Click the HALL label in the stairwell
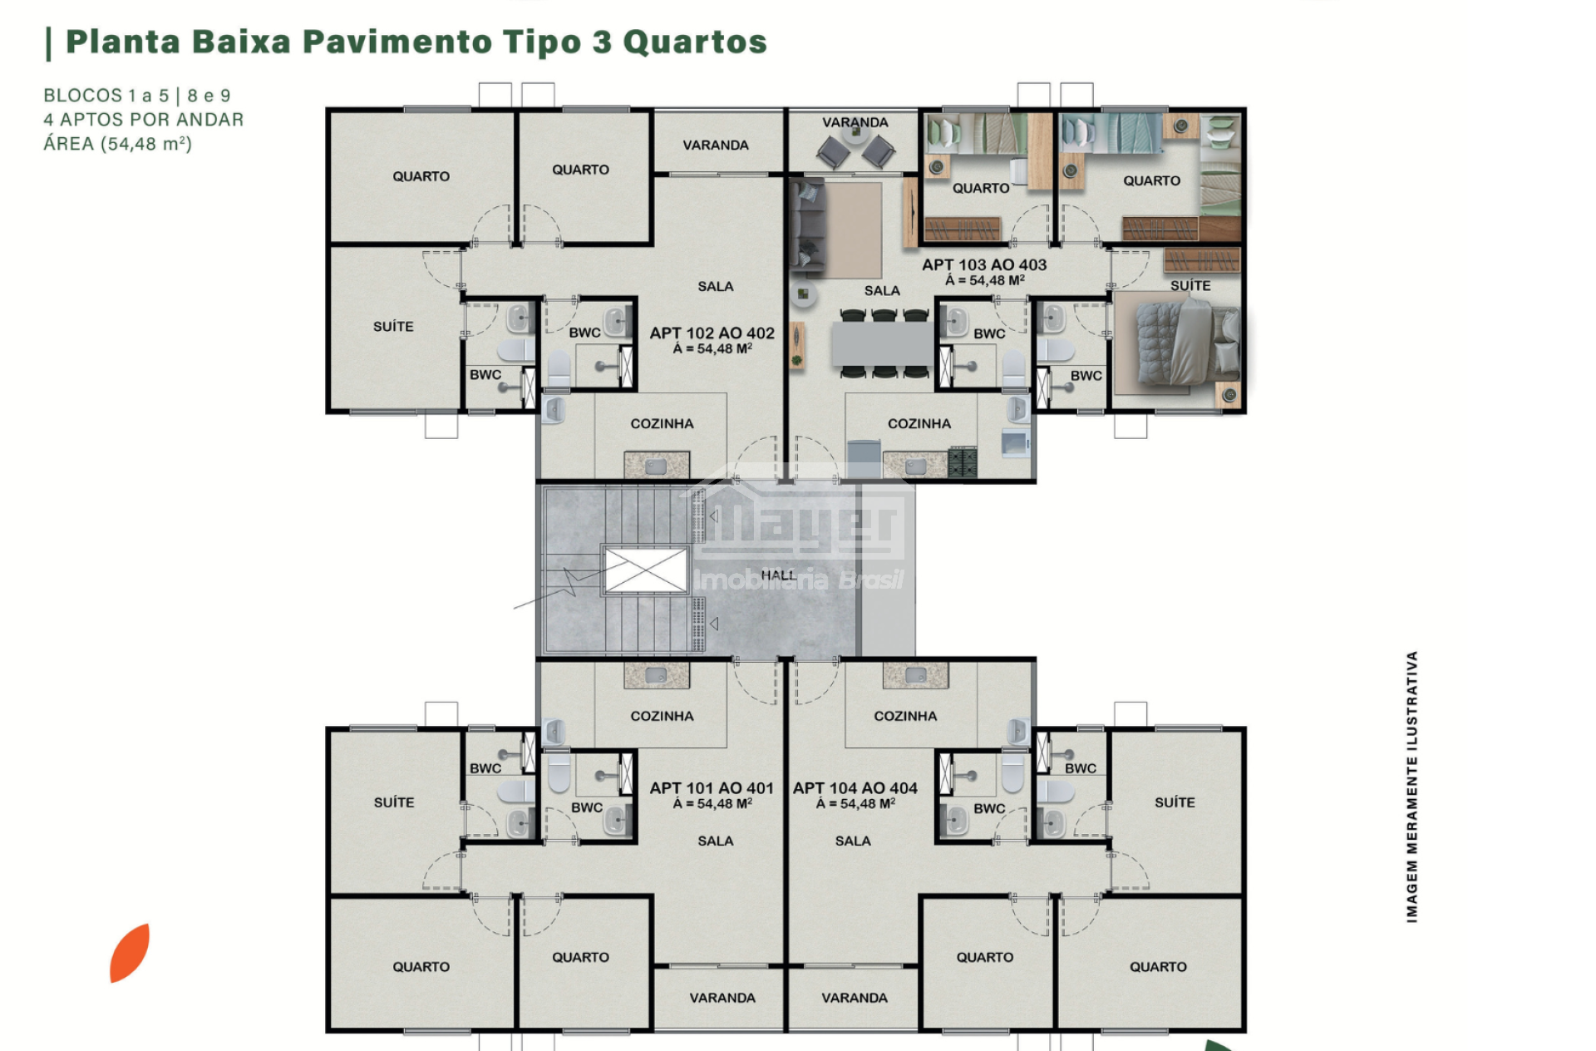(x=778, y=575)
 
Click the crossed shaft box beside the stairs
(x=646, y=570)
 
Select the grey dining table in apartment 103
(x=883, y=343)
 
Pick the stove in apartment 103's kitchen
(x=963, y=461)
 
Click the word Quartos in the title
(x=695, y=42)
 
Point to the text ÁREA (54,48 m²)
(x=117, y=144)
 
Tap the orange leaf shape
(x=130, y=953)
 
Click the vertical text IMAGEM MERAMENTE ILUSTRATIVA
(x=1411, y=787)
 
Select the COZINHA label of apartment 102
(x=662, y=423)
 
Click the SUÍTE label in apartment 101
(x=394, y=802)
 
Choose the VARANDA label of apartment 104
(x=855, y=998)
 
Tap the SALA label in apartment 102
(x=716, y=286)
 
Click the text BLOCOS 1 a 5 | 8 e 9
(x=137, y=96)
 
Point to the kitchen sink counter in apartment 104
(x=915, y=675)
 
